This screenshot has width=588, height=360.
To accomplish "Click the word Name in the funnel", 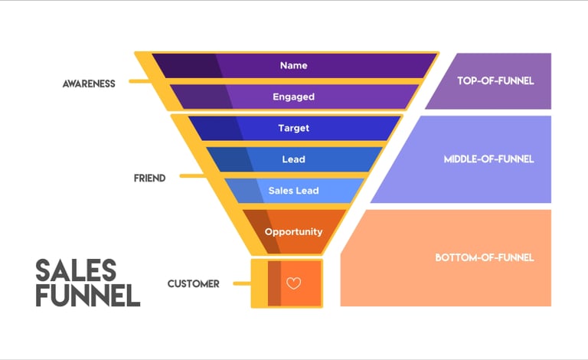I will (293, 66).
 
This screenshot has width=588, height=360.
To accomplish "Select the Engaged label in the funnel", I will (293, 97).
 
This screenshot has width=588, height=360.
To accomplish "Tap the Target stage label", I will (293, 129).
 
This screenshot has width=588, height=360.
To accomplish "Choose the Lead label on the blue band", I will (293, 159).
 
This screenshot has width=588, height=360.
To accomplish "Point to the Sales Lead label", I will (293, 191).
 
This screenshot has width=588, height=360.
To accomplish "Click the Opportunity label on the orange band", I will (293, 231).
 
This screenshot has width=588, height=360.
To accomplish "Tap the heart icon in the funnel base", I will (293, 283).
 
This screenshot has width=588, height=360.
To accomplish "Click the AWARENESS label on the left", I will (89, 83).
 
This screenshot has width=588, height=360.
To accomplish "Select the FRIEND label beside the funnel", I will (149, 178).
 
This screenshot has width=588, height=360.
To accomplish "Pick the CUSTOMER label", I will (194, 283).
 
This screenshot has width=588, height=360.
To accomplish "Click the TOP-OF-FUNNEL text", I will (495, 80).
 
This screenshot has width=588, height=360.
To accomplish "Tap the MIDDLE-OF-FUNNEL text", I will (488, 159).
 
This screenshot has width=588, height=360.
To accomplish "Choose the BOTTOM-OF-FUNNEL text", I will (484, 257).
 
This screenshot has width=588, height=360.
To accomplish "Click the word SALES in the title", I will (76, 270).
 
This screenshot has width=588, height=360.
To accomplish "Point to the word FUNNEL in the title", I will (88, 295).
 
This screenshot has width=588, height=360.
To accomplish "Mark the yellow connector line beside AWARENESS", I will (139, 81).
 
